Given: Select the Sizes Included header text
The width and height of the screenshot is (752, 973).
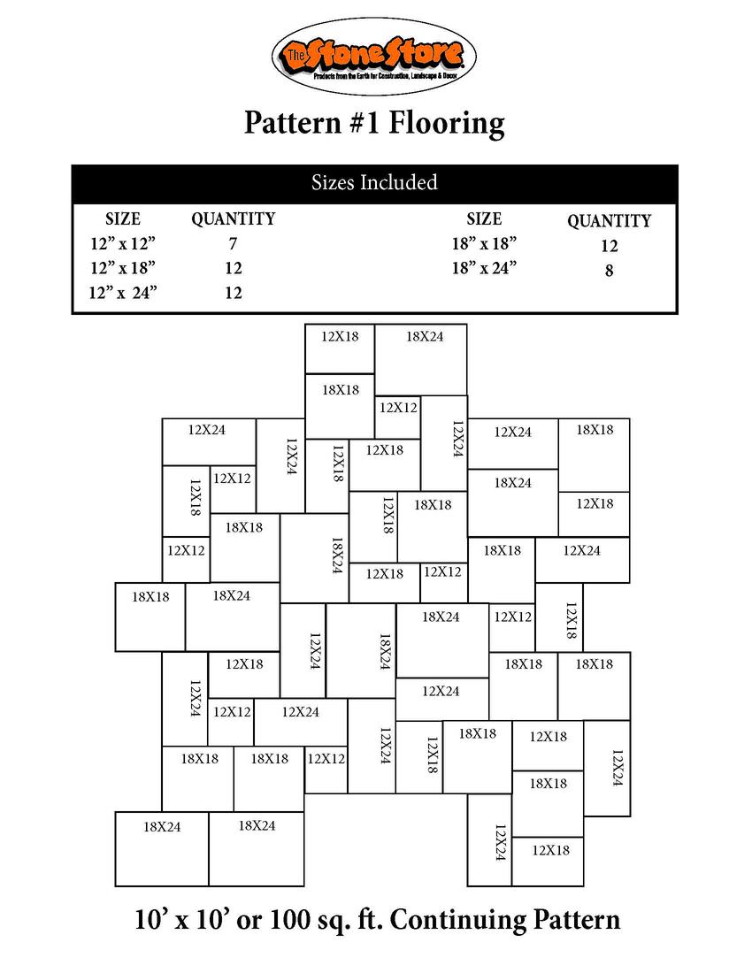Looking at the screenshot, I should pos(374,183).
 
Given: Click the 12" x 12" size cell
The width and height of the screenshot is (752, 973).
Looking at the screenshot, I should pos(123,243).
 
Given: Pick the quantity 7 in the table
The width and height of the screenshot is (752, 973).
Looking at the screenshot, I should pos(233,243).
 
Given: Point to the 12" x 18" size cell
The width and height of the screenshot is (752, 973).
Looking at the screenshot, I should pos(123,268).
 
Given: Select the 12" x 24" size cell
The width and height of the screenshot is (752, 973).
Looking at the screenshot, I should pos(123,293).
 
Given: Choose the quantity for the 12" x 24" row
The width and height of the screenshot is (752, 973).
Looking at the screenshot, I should pos(233,293).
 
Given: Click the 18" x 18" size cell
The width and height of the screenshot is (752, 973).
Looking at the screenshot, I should pos(484,243).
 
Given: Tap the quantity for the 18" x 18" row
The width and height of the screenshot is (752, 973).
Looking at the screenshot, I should pos(609,247).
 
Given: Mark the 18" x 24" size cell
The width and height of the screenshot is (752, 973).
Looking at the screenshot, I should pos(484,268).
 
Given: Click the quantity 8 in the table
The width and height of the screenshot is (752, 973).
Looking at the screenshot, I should pos(609,272).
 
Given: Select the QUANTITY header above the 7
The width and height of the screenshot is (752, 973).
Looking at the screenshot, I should pos(233,218).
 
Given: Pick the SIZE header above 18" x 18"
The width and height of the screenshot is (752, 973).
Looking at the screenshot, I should pos(484,218).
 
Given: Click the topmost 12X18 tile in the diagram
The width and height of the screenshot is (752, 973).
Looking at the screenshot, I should pos(340,348).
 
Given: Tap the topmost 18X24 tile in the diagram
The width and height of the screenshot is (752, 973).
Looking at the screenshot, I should pos(421,358).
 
